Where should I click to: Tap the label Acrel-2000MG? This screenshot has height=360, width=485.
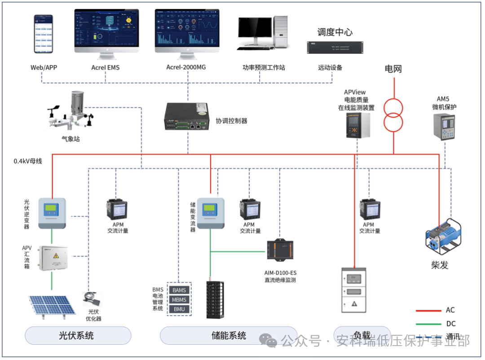pyautogui.click(x=187, y=67)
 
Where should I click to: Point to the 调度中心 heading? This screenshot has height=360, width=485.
pyautogui.click(x=335, y=32)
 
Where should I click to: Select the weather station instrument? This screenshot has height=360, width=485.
pyautogui.click(x=74, y=112)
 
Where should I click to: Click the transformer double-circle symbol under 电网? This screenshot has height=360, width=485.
pyautogui.click(x=393, y=115)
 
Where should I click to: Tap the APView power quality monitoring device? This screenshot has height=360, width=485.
pyautogui.click(x=358, y=125)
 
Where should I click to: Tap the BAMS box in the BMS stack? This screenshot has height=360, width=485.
pyautogui.click(x=179, y=290)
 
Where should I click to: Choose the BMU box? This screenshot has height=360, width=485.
pyautogui.click(x=179, y=309)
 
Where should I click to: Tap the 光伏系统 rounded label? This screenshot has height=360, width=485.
pyautogui.click(x=77, y=335)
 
